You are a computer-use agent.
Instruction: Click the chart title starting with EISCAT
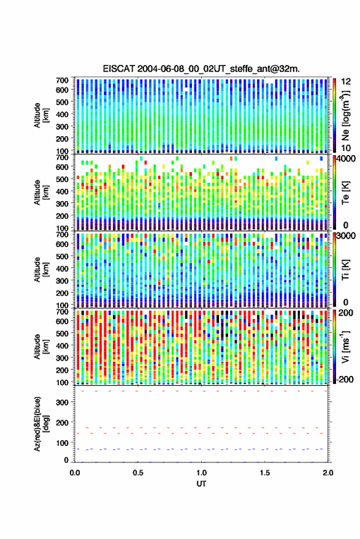(x=201, y=69)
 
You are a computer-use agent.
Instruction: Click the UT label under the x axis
(x=201, y=484)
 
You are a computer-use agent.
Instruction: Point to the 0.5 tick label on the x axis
(x=138, y=473)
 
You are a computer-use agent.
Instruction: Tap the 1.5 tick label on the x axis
(x=264, y=473)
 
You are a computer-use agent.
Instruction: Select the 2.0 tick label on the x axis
(x=327, y=473)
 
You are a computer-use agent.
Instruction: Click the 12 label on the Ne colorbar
(x=346, y=82)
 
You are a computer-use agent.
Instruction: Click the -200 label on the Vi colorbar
(x=345, y=380)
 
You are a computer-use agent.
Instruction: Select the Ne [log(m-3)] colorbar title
(x=345, y=115)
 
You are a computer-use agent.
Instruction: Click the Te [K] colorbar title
(x=345, y=193)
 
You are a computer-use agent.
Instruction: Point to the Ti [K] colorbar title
(x=345, y=270)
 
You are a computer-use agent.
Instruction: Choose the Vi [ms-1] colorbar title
(x=345, y=346)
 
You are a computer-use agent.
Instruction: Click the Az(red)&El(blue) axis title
(x=41, y=424)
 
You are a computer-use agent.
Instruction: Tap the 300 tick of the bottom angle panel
(x=62, y=402)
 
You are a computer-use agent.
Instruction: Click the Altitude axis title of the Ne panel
(x=41, y=115)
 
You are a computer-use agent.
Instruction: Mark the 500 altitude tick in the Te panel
(x=62, y=179)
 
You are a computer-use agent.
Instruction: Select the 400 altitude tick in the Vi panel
(x=62, y=345)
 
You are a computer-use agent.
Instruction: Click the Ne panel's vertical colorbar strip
(x=334, y=115)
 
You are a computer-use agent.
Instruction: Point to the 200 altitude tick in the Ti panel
(x=62, y=293)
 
